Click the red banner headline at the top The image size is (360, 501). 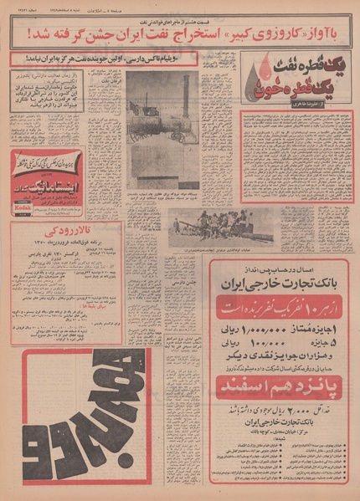coord(180,36)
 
